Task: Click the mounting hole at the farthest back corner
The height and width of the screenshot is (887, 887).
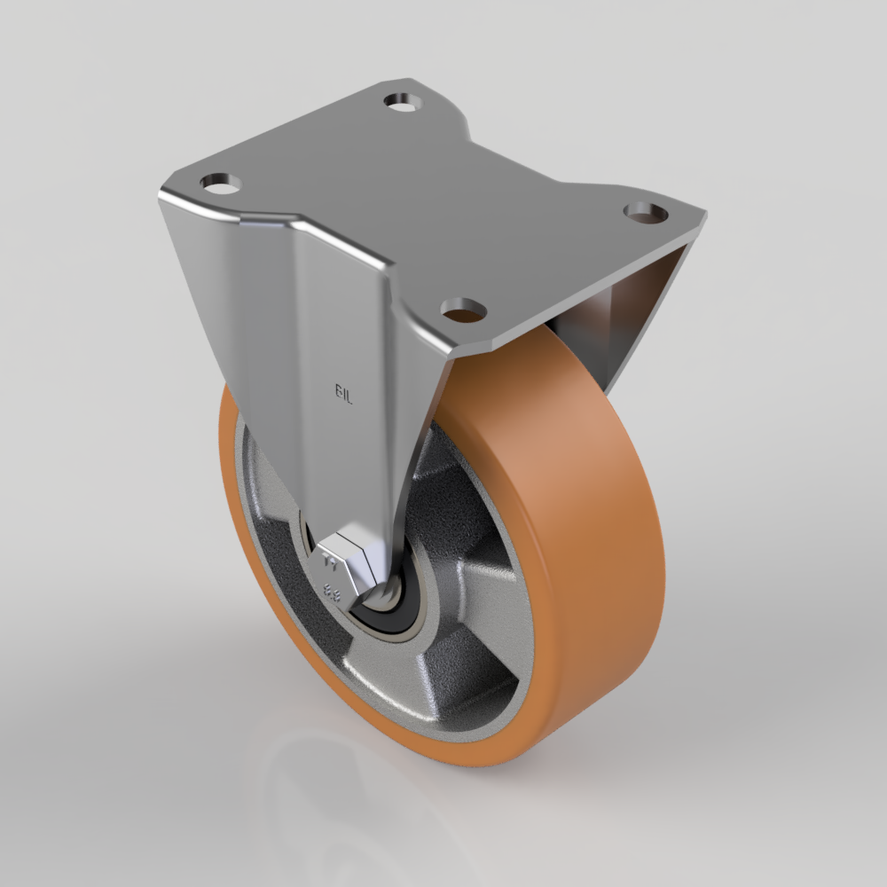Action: (x=403, y=101)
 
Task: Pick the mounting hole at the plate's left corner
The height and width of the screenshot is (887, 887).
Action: (x=221, y=184)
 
